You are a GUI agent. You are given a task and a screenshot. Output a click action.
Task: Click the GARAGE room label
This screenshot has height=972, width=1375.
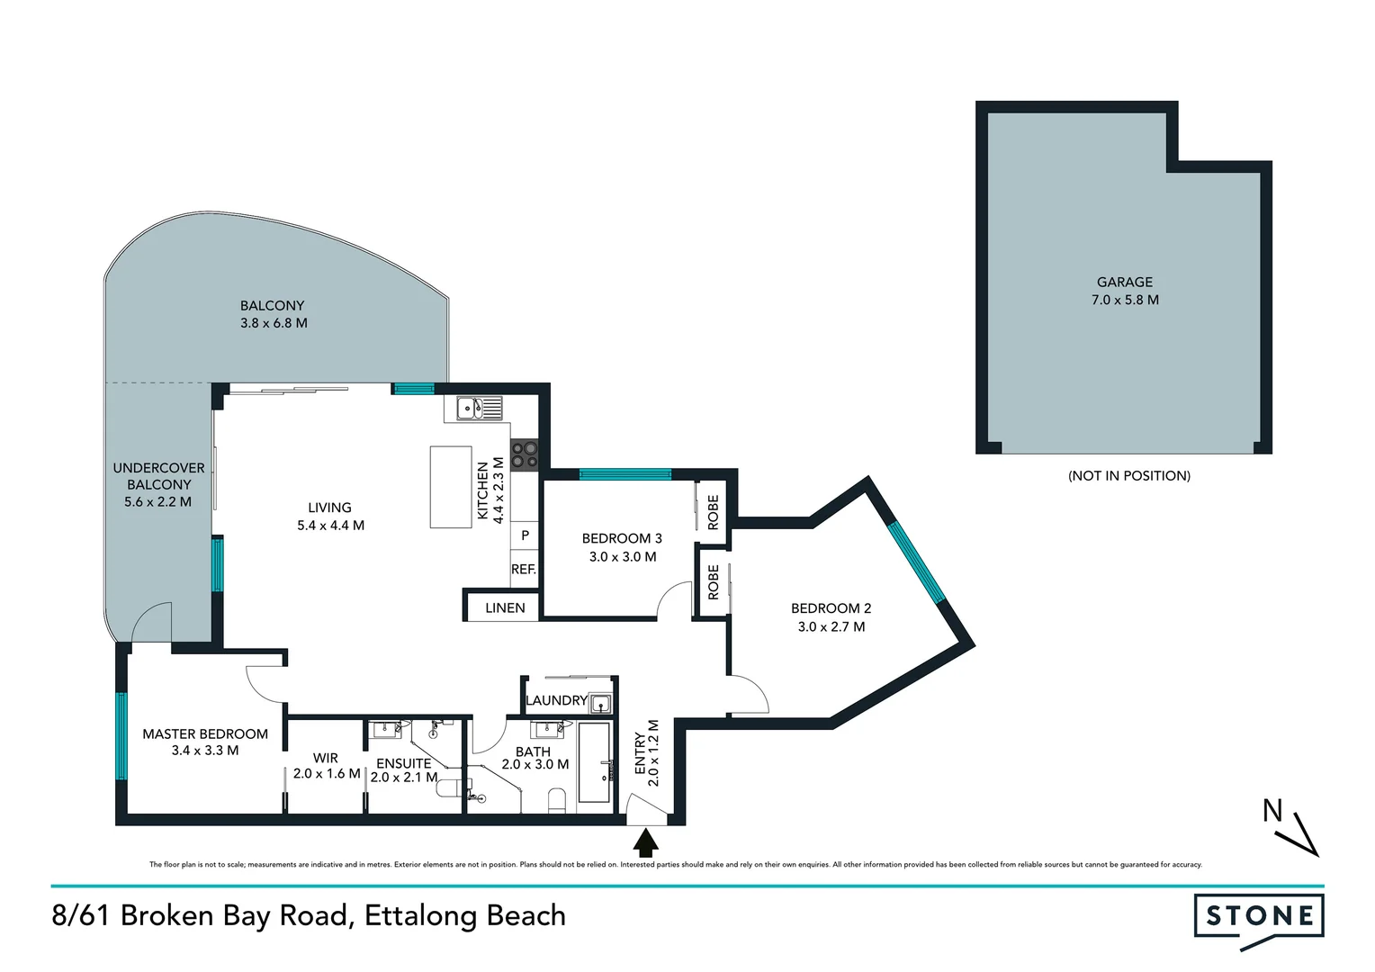(1124, 282)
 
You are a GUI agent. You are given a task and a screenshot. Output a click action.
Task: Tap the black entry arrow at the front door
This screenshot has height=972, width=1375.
(646, 843)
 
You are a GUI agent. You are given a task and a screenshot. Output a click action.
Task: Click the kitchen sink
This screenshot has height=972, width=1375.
(479, 409)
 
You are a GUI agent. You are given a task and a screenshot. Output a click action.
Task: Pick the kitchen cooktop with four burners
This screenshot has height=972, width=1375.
(525, 454)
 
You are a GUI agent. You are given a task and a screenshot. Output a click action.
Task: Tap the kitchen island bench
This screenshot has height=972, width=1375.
(451, 487)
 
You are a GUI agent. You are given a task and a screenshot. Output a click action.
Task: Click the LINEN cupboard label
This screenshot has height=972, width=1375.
(505, 608)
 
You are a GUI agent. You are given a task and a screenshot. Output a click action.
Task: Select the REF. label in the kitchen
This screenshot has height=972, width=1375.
(524, 570)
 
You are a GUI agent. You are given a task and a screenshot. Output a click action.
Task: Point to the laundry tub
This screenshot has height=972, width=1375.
(601, 703)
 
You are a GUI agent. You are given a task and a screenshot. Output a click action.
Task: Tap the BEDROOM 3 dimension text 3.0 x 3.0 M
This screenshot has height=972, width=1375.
(623, 557)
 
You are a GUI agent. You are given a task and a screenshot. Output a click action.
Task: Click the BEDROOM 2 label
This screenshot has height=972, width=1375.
(831, 608)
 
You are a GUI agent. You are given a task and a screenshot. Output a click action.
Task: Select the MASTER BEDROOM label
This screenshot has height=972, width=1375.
(205, 734)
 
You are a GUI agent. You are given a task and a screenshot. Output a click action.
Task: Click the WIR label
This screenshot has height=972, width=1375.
(325, 758)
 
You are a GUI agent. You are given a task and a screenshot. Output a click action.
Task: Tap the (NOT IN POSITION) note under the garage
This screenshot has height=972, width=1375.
(1128, 476)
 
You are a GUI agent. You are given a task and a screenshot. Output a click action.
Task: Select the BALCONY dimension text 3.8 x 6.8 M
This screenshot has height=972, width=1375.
(274, 323)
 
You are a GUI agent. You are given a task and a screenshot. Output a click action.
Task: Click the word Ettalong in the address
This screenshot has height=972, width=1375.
(420, 915)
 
